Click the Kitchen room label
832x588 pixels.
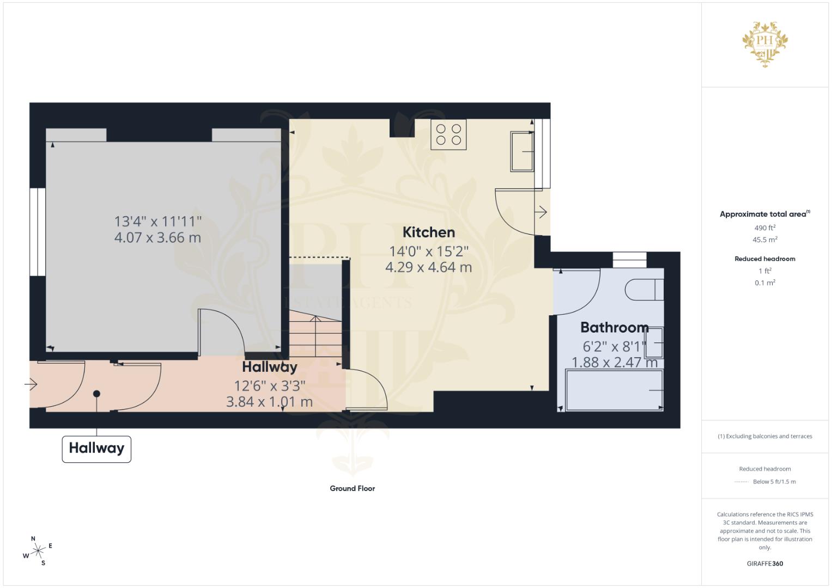point(429,232)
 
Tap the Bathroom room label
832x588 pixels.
point(615,327)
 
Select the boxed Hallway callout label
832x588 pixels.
point(96,449)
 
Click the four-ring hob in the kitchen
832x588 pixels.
point(448,134)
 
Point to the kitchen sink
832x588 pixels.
point(522,151)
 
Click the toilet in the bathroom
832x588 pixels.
point(644,289)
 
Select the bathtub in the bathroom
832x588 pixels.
point(615,390)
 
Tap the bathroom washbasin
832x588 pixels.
point(654,342)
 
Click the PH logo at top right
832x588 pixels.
point(765,44)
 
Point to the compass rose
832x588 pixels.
point(38,551)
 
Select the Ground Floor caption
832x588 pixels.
point(353,488)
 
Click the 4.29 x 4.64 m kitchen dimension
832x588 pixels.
point(429,267)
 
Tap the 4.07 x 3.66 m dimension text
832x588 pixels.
point(157,237)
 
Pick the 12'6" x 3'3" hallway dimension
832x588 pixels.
point(270,386)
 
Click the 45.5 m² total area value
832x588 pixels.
point(765,240)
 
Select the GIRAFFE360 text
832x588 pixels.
point(765,563)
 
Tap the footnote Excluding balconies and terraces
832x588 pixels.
point(765,436)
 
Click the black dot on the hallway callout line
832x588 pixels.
point(96,394)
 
